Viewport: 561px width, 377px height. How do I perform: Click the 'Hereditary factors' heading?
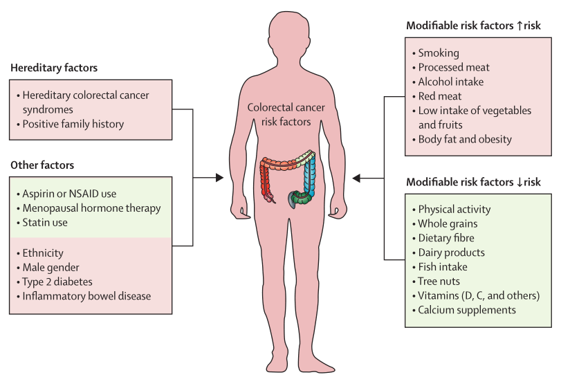coord(54,68)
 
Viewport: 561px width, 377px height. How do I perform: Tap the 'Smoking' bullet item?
coord(438,53)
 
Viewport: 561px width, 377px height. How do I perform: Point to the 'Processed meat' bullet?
coord(453,67)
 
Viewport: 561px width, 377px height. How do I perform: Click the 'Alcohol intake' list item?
coord(451,82)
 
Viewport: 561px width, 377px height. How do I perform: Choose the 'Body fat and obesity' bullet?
coord(465,139)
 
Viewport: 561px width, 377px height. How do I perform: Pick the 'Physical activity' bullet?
coord(454,209)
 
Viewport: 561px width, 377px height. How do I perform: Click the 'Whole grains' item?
coord(448,223)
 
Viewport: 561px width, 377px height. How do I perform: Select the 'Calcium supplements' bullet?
coord(467,310)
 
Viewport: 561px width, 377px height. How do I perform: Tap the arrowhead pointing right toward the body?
coord(219,178)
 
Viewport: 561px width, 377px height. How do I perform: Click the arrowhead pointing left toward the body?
coord(357,178)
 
